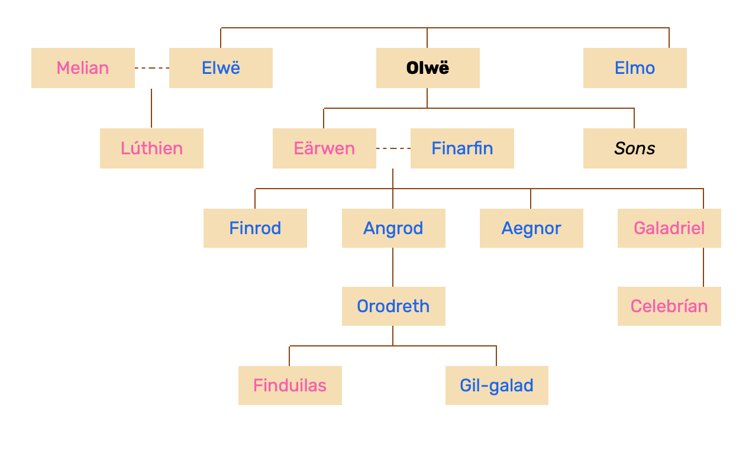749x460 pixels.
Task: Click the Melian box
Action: click(x=83, y=68)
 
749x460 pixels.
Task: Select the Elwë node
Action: click(x=221, y=68)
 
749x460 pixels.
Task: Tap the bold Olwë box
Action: click(x=428, y=68)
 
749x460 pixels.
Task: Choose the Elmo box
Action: click(x=635, y=68)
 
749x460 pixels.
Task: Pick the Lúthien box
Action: click(x=151, y=148)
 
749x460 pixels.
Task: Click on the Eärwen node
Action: click(x=324, y=148)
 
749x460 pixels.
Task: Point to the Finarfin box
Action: click(x=462, y=148)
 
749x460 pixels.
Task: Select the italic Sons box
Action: click(x=635, y=148)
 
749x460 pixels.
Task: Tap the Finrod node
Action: click(x=255, y=228)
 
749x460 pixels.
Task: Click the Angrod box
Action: click(x=393, y=228)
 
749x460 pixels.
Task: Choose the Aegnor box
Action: click(x=531, y=228)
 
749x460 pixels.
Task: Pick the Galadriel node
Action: click(x=669, y=228)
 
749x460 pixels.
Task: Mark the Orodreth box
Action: click(x=393, y=306)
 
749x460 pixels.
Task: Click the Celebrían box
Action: click(x=669, y=306)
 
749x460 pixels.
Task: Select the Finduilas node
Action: click(x=290, y=386)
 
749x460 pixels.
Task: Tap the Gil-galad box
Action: click(x=497, y=386)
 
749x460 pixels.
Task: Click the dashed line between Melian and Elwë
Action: click(x=152, y=68)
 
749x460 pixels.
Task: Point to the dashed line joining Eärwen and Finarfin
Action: click(x=393, y=148)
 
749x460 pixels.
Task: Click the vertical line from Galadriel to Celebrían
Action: click(x=703, y=267)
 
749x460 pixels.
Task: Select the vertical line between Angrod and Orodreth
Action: click(x=393, y=267)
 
